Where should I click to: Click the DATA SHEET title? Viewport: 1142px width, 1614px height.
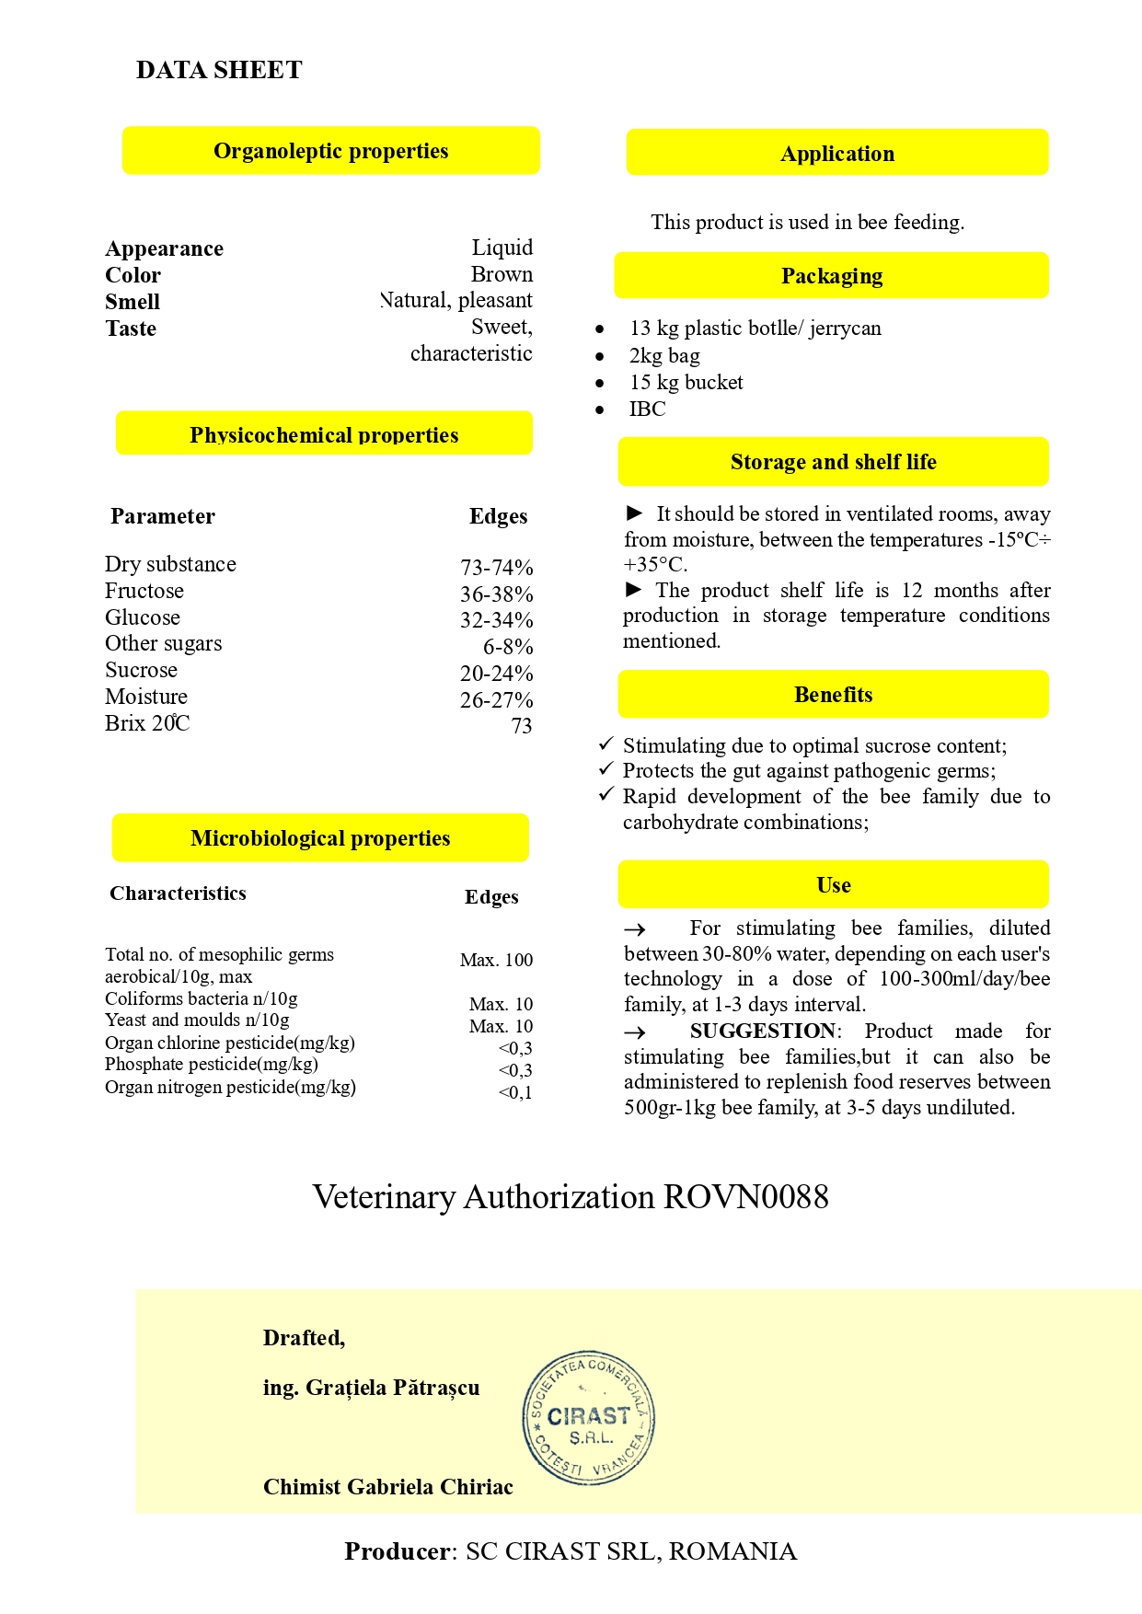click(x=219, y=70)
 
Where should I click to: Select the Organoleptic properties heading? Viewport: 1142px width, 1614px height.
click(x=330, y=151)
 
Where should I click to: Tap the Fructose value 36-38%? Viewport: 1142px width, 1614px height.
click(x=496, y=594)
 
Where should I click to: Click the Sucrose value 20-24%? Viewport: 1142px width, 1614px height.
click(x=496, y=674)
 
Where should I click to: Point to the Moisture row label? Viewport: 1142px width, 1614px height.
click(x=146, y=697)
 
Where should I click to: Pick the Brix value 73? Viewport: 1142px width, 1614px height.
click(x=521, y=726)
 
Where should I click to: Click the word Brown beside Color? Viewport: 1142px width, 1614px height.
click(x=502, y=274)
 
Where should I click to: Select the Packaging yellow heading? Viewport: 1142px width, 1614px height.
click(x=831, y=276)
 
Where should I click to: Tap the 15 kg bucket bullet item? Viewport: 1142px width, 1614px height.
click(x=686, y=382)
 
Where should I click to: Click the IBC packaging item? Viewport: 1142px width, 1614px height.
click(x=647, y=409)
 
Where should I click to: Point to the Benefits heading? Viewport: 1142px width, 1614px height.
click(x=833, y=695)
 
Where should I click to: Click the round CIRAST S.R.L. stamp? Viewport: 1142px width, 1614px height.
click(x=589, y=1418)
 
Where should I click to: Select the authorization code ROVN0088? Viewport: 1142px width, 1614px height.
click(x=745, y=1196)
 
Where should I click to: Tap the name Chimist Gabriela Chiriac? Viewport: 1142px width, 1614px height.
click(x=387, y=1487)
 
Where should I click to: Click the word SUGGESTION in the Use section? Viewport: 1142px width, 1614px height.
click(x=763, y=1031)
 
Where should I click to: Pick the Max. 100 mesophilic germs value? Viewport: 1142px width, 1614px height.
click(x=496, y=960)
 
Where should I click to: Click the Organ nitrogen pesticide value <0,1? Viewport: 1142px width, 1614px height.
click(x=514, y=1092)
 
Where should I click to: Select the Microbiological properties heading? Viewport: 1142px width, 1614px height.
click(x=320, y=838)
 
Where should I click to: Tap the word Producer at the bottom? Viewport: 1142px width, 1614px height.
click(x=398, y=1551)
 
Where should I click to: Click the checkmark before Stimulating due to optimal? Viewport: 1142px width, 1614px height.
click(x=606, y=744)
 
